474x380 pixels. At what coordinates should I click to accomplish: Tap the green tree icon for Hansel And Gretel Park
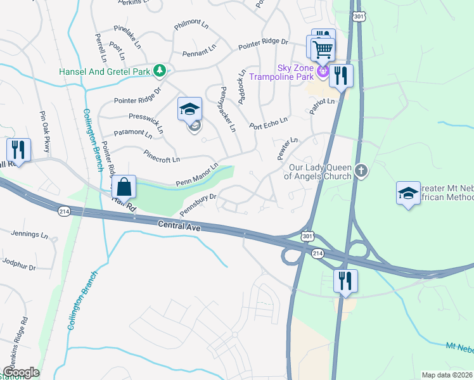pos(162,71)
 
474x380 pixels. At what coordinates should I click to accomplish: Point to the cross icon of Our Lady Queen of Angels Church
pos(361,170)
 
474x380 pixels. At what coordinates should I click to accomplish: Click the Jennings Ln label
pos(29,234)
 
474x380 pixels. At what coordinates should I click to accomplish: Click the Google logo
pos(22,372)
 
